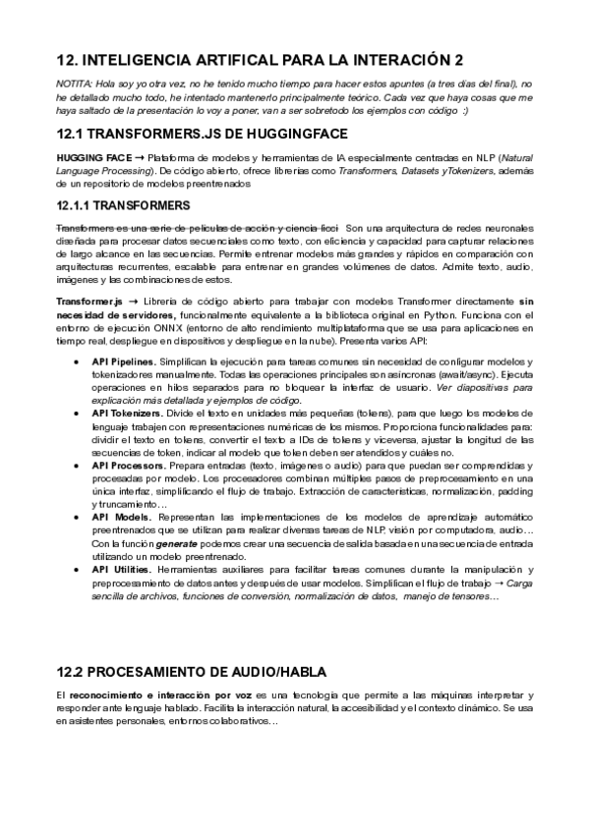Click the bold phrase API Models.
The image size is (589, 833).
120,517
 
